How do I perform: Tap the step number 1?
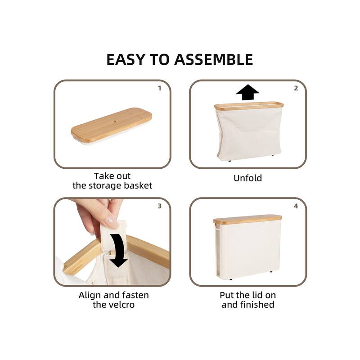(159, 88)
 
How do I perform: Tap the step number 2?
(296, 88)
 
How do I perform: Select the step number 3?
(159, 206)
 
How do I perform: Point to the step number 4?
(296, 206)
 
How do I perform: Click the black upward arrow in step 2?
(247, 92)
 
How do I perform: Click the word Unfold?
(247, 178)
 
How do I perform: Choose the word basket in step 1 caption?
(138, 185)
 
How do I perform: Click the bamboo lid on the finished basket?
(247, 219)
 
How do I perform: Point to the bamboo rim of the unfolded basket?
(249, 106)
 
